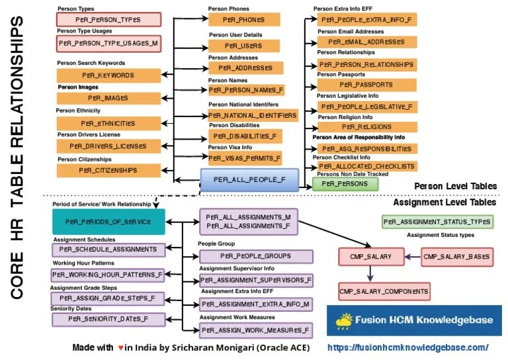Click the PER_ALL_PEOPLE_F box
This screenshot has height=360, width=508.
pyautogui.click(x=250, y=180)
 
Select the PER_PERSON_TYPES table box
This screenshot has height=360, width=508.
pyautogui.click(x=108, y=20)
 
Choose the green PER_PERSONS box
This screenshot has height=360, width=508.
pyautogui.click(x=340, y=183)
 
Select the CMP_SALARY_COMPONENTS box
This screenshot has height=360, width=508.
pyautogui.click(x=384, y=291)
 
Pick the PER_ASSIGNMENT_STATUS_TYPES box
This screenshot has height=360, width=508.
pyautogui.click(x=437, y=222)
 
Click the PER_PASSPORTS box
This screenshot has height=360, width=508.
pyautogui.click(x=366, y=85)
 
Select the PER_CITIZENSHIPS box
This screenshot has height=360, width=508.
pyautogui.click(x=108, y=171)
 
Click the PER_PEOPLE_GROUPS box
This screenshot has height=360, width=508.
pyautogui.click(x=256, y=256)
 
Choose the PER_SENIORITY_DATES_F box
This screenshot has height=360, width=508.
pyautogui.click(x=108, y=319)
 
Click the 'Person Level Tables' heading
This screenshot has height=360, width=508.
pyautogui.click(x=456, y=186)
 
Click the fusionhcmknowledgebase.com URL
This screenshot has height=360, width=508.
pyautogui.click(x=408, y=347)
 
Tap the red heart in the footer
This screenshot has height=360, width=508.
pyautogui.click(x=120, y=347)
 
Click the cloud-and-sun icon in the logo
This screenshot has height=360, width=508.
pyautogui.click(x=343, y=321)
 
